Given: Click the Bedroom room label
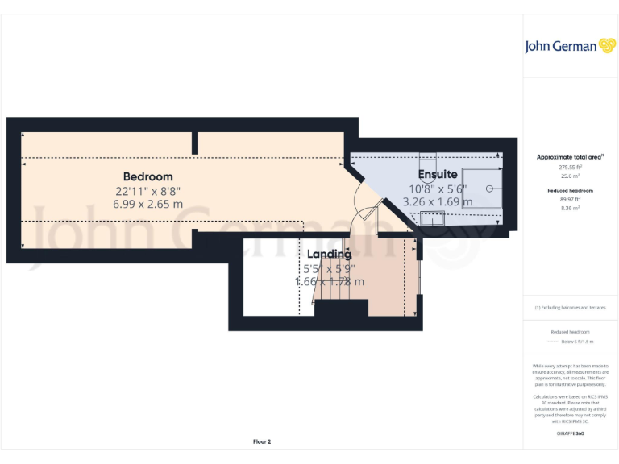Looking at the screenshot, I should [x=147, y=176].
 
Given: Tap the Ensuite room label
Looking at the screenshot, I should [x=438, y=174].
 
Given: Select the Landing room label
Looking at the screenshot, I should [x=328, y=254].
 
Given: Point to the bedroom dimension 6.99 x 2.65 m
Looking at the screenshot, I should [x=147, y=205].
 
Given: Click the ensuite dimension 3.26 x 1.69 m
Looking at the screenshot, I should [x=438, y=202].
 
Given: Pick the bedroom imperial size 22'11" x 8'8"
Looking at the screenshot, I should [x=147, y=191].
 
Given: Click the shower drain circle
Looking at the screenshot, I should [x=489, y=188].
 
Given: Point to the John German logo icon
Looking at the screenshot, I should [x=607, y=46].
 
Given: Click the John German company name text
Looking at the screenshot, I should [x=560, y=47].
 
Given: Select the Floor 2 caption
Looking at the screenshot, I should [x=262, y=441].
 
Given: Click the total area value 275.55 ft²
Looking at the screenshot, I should [x=570, y=167].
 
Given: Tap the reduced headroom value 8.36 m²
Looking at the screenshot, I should [x=570, y=207].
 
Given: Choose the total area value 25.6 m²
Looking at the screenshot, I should [x=570, y=176].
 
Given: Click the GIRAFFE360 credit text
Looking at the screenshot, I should [x=570, y=433].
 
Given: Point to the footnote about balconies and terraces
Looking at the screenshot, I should [x=570, y=308].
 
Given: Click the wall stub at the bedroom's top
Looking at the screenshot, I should [x=195, y=143].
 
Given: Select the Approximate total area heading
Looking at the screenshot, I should [x=570, y=157].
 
